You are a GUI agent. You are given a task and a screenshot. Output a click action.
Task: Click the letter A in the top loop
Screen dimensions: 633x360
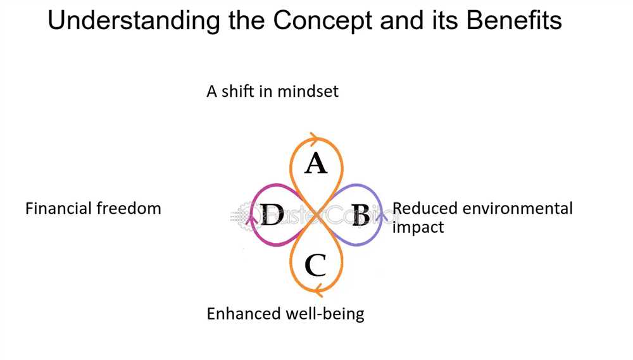(x=316, y=163)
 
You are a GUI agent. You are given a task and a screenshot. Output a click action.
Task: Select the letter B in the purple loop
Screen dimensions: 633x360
(x=361, y=214)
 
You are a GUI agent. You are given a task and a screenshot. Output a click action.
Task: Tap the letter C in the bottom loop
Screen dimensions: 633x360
(x=315, y=264)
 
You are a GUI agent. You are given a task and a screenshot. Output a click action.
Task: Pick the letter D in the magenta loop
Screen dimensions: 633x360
(x=272, y=214)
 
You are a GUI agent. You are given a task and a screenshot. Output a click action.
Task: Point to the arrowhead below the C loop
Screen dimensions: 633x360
(x=318, y=290)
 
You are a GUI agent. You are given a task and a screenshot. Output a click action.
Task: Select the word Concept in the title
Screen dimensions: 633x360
(x=323, y=21)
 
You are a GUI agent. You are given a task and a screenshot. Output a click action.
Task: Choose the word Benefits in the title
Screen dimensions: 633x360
(x=514, y=20)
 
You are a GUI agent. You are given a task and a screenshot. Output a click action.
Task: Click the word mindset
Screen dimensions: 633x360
(x=308, y=91)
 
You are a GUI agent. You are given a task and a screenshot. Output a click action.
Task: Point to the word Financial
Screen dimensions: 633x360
(x=58, y=209)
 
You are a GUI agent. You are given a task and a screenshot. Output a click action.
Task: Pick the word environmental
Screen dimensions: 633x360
(x=518, y=209)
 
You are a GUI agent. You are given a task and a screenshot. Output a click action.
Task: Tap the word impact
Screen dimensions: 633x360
(x=418, y=227)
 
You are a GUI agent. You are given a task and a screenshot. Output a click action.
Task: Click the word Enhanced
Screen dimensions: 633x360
(x=244, y=314)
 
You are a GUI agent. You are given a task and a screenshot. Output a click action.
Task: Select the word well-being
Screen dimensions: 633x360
(x=325, y=314)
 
